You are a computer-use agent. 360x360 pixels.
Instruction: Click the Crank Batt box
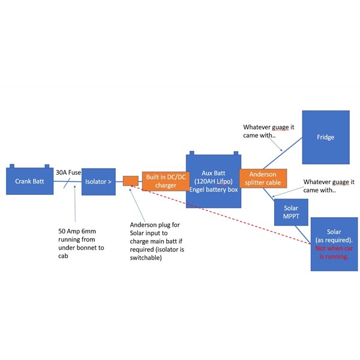pos(29,181)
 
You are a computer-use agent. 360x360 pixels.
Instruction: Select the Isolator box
pos(98,182)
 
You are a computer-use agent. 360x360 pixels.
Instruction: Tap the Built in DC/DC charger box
pos(166,181)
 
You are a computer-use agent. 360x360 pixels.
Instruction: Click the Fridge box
pos(326,137)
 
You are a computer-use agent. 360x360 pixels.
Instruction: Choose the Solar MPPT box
pos(291,212)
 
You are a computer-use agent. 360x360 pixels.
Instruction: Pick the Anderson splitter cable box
pos(263,178)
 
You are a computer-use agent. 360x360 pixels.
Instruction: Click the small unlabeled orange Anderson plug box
pos(131,181)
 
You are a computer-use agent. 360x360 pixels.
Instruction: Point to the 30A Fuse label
pos(68,172)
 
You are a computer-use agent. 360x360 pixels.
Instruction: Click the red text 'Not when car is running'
pos(334,253)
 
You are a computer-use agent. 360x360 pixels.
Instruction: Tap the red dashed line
pos(221,215)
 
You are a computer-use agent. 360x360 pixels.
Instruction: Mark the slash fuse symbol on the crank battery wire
pos(67,183)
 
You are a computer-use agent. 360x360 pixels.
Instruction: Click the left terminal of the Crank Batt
pos(12,166)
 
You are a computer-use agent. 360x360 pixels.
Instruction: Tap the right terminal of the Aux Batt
pos(236,153)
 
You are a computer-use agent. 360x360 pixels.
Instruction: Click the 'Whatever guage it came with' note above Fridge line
pos(269,131)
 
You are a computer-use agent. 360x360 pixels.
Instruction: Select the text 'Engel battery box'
pos(214,190)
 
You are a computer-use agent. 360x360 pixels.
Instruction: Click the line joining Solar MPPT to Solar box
pos(303,235)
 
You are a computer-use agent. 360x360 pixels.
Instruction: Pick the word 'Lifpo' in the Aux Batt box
pos(224,181)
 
